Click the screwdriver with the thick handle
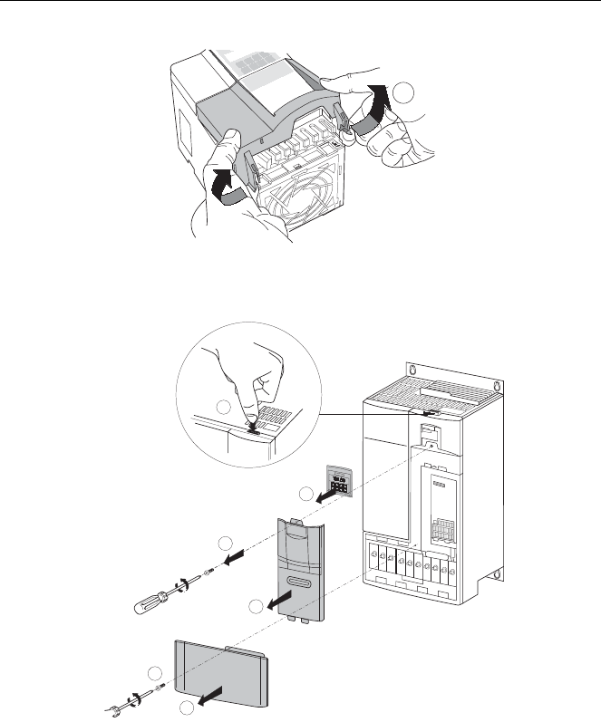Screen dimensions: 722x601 click(160, 594)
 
